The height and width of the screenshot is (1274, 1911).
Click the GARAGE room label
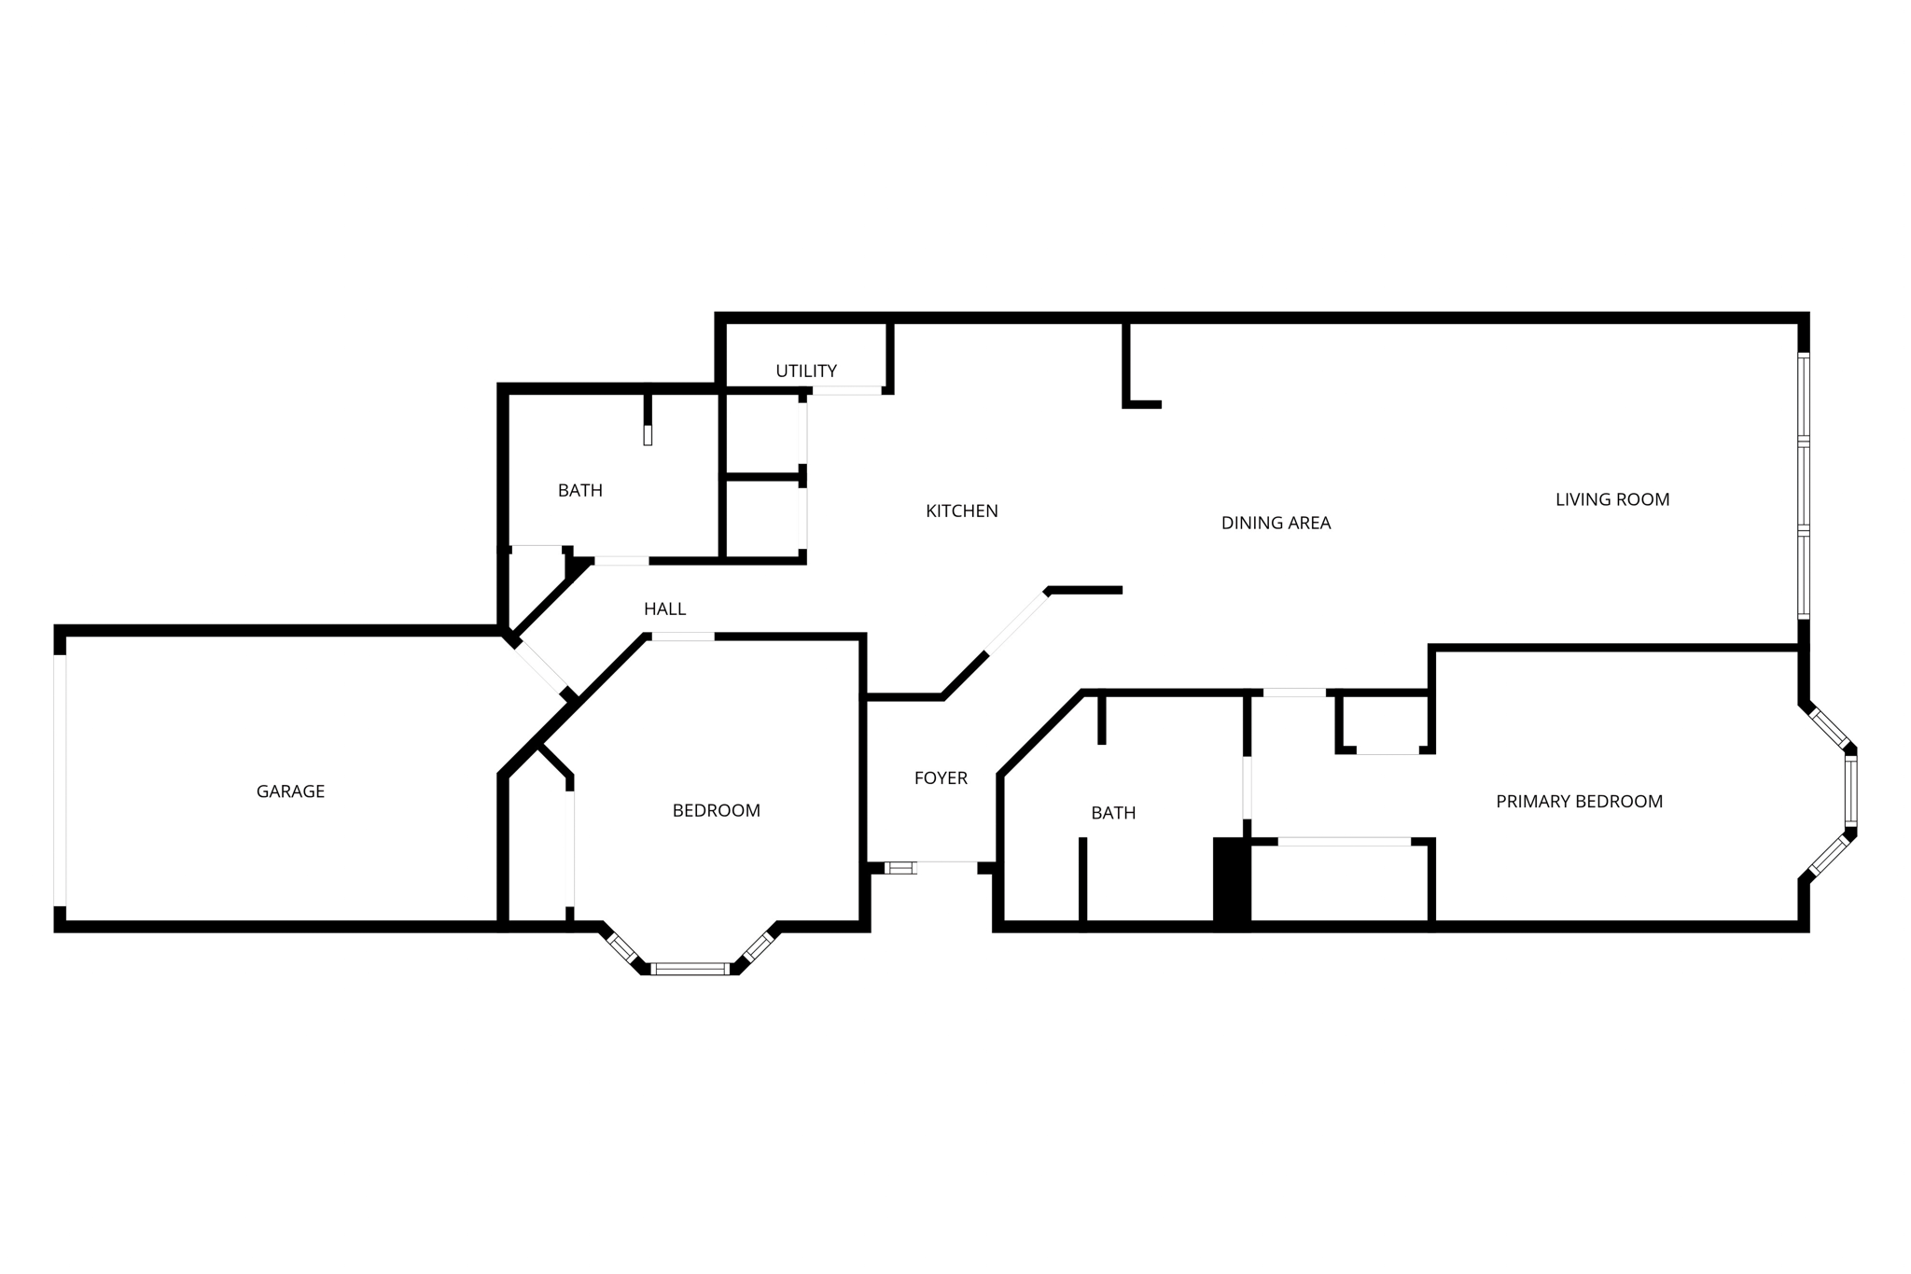[x=290, y=791]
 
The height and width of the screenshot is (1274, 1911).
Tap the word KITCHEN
[x=961, y=511]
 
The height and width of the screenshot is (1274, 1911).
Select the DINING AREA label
[x=1276, y=523]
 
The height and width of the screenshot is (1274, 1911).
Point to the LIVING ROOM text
[x=1611, y=499]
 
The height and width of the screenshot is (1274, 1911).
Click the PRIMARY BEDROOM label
[x=1579, y=801]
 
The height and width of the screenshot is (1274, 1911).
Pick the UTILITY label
[x=805, y=371]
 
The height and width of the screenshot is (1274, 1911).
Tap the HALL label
[x=664, y=609]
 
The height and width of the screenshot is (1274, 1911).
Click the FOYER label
[x=940, y=777]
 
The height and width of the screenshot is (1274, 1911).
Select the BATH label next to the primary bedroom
[x=1113, y=813]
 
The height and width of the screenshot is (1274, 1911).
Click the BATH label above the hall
[x=579, y=490]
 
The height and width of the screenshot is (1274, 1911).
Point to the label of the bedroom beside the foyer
[x=716, y=810]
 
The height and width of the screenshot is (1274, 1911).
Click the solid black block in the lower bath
[x=1231, y=882]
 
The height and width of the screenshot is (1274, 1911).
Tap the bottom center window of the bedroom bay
[x=690, y=969]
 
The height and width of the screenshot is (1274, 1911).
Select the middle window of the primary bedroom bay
[x=1850, y=791]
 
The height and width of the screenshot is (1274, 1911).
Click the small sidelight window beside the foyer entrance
[x=900, y=868]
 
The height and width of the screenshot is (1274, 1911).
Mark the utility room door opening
[x=845, y=390]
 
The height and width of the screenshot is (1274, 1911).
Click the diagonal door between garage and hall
[x=541, y=665]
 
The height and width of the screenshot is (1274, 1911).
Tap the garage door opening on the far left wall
[x=60, y=780]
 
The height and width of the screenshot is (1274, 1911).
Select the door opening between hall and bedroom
[x=683, y=637]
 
